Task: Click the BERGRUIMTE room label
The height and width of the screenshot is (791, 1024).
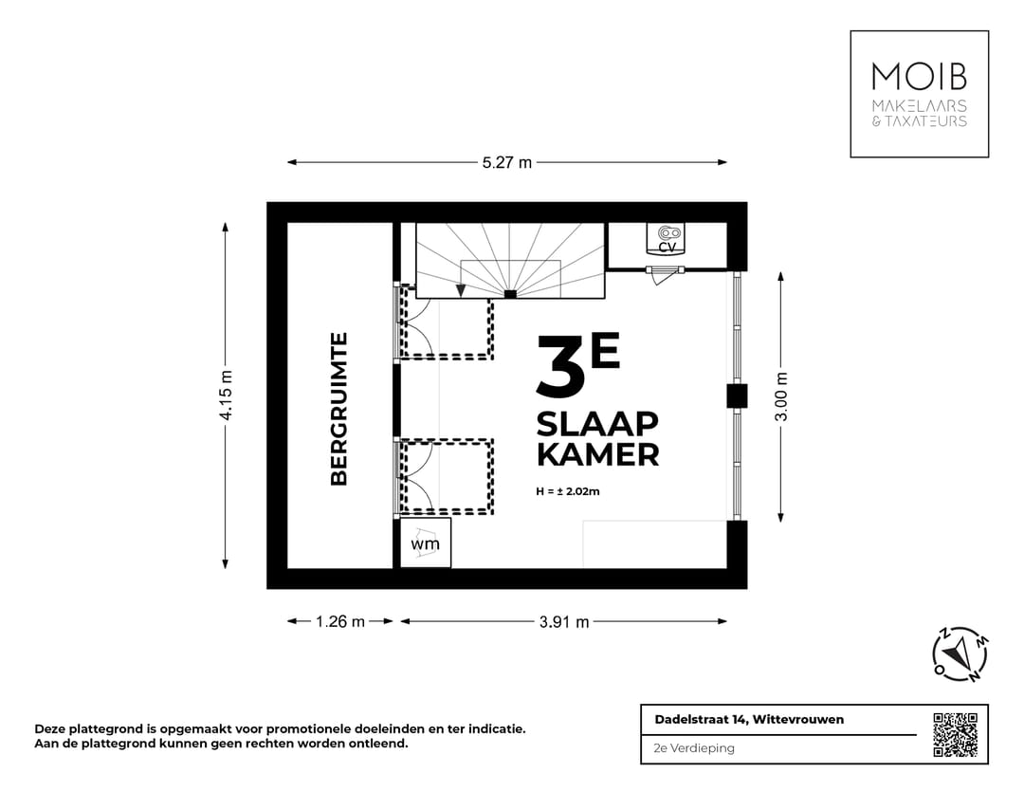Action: tap(338, 410)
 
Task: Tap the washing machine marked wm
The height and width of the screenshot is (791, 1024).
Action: tap(425, 543)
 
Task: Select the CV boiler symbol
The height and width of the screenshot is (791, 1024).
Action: tap(667, 238)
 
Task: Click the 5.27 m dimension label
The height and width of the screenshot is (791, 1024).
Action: tap(507, 162)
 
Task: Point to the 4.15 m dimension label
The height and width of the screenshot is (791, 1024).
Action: tap(226, 395)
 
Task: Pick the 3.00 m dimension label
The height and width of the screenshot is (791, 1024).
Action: tap(781, 396)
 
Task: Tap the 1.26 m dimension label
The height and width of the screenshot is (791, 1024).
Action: tap(340, 621)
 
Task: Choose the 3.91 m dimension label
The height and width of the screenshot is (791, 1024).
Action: tap(564, 622)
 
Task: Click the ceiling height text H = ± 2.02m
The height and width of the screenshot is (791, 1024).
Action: tap(568, 491)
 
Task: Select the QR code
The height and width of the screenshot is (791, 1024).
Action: tap(956, 735)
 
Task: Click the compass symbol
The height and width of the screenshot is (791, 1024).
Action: tap(960, 653)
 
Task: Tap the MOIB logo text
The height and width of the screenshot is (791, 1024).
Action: tap(919, 77)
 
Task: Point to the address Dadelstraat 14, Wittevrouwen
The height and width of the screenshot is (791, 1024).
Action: tap(749, 719)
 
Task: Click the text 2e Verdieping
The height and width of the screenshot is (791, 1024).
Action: tap(693, 748)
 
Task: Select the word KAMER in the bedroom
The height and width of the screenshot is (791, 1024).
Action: tap(597, 454)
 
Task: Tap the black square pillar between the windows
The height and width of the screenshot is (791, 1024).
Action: tap(738, 395)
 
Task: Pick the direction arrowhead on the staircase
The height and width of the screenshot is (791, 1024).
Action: tap(461, 290)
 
